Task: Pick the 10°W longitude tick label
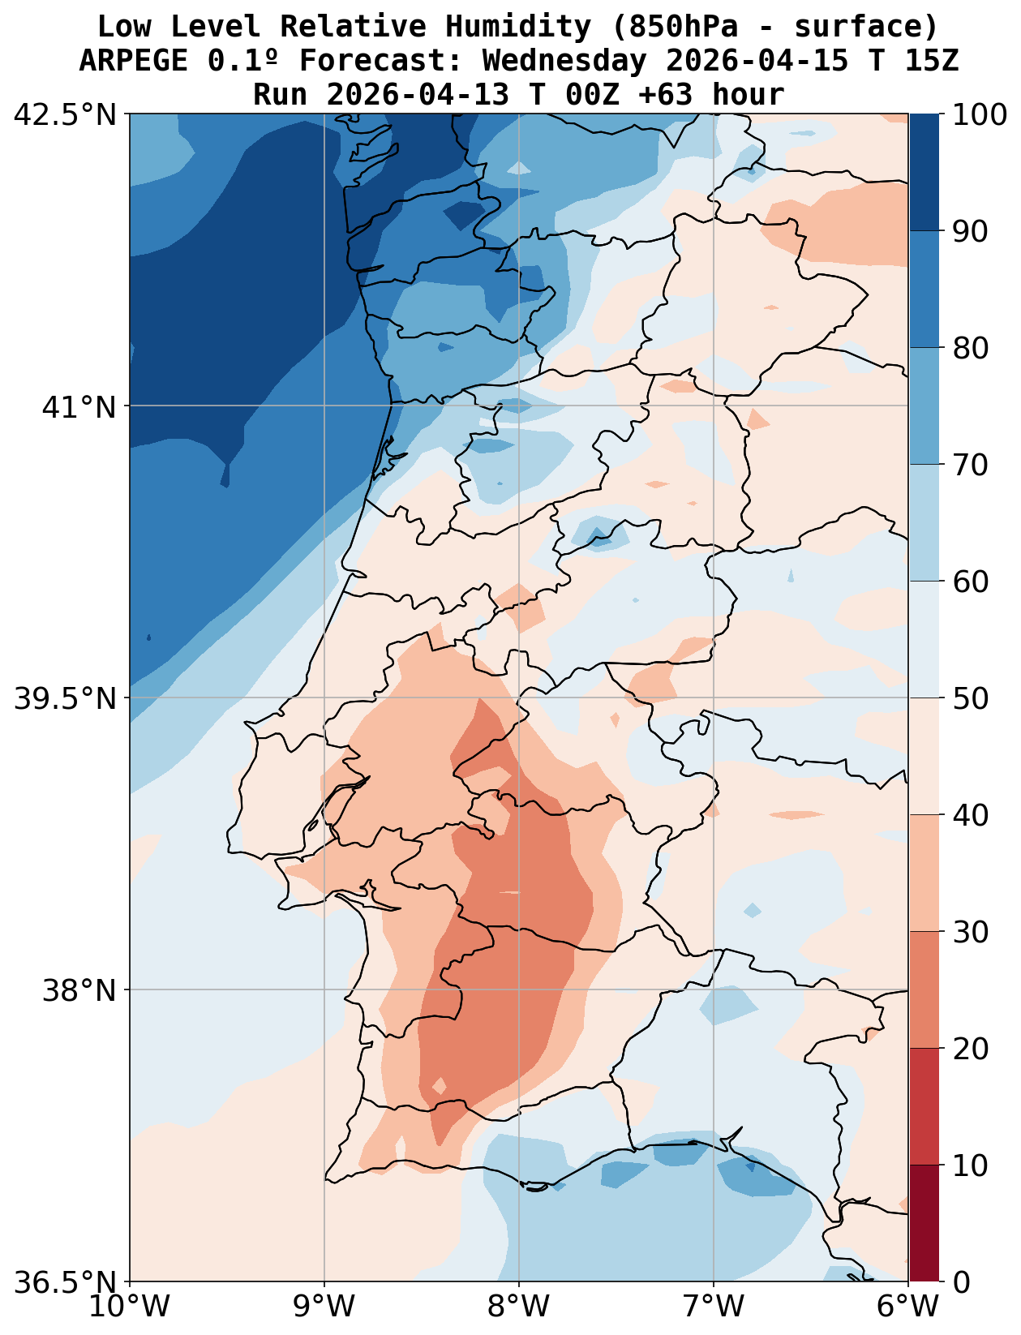(x=130, y=1307)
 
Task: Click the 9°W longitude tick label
(x=324, y=1307)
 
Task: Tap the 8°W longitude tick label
(x=519, y=1307)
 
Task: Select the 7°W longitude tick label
(x=714, y=1307)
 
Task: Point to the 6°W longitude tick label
(x=908, y=1307)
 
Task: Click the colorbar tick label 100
(x=979, y=115)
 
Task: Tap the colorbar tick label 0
(x=960, y=1282)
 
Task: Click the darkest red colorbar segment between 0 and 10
(x=924, y=1223)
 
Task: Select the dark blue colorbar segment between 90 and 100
(x=924, y=172)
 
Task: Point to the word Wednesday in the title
(x=565, y=61)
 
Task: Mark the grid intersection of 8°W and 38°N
(x=519, y=990)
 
